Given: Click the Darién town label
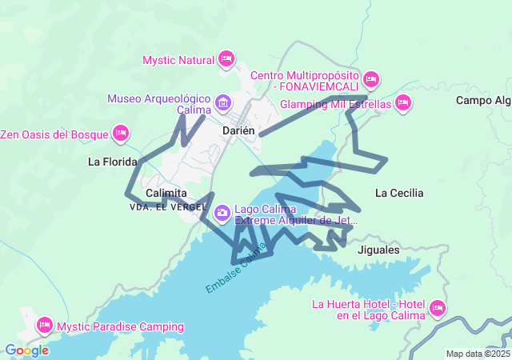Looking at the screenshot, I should pyautogui.click(x=238, y=130).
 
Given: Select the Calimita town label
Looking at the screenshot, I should pyautogui.click(x=166, y=194).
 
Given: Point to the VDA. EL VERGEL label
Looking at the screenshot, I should pyautogui.click(x=162, y=206).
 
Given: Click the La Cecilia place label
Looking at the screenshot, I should pyautogui.click(x=399, y=193).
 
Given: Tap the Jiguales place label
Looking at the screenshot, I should pyautogui.click(x=378, y=250).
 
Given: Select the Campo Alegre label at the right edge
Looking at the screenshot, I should pyautogui.click(x=483, y=100).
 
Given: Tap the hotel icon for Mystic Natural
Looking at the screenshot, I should pyautogui.click(x=226, y=59).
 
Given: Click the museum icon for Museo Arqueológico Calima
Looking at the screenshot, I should pyautogui.click(x=222, y=102).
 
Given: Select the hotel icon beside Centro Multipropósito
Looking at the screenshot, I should pyautogui.click(x=370, y=79).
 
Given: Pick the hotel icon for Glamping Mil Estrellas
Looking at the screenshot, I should pyautogui.click(x=403, y=102).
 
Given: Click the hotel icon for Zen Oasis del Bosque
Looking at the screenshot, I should pyautogui.click(x=121, y=132).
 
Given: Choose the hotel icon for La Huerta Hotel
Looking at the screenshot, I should pyautogui.click(x=437, y=308).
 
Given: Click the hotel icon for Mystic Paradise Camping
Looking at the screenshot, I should pyautogui.click(x=43, y=325).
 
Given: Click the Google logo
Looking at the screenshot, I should pyautogui.click(x=26, y=350).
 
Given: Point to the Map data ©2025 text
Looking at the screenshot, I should pyautogui.click(x=477, y=354).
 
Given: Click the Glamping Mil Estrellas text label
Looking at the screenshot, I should pyautogui.click(x=335, y=104).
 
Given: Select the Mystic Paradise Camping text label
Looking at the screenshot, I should pyautogui.click(x=120, y=326).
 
